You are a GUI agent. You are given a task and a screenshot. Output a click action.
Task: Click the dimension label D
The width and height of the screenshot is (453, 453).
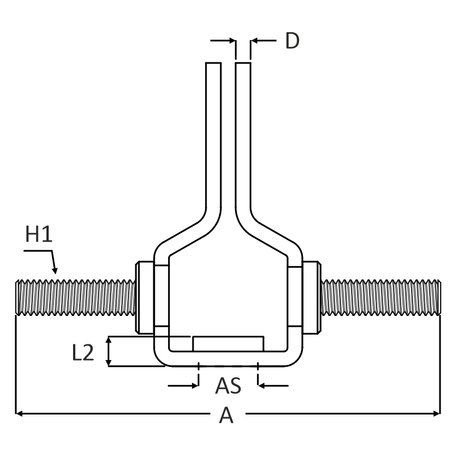[x=292, y=41]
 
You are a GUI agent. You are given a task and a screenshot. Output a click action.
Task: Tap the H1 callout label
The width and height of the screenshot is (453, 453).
[x=39, y=234]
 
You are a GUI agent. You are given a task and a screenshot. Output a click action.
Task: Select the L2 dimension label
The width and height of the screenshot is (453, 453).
[x=83, y=352]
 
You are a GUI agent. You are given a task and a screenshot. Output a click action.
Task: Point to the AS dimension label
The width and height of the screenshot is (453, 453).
[x=228, y=386]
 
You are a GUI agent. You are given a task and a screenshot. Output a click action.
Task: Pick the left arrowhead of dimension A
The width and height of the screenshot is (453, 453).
[x=19, y=413]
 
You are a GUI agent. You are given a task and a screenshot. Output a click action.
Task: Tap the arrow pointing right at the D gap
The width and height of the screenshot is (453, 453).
[x=232, y=41]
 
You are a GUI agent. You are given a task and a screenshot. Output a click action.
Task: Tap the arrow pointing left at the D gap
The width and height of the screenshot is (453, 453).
[x=253, y=41]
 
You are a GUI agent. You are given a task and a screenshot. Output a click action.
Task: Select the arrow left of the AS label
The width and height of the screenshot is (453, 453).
[x=195, y=386]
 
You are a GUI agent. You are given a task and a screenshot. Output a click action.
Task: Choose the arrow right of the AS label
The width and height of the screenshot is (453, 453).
[x=262, y=386]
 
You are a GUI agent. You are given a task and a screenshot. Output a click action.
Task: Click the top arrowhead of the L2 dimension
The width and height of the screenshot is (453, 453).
[x=108, y=340]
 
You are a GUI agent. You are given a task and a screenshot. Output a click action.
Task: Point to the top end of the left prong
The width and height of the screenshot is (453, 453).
[x=213, y=65]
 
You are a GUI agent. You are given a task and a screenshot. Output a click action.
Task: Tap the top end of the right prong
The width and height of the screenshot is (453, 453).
[x=243, y=65]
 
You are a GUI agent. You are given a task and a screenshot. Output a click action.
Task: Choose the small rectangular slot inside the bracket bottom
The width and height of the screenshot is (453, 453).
[x=228, y=343]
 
